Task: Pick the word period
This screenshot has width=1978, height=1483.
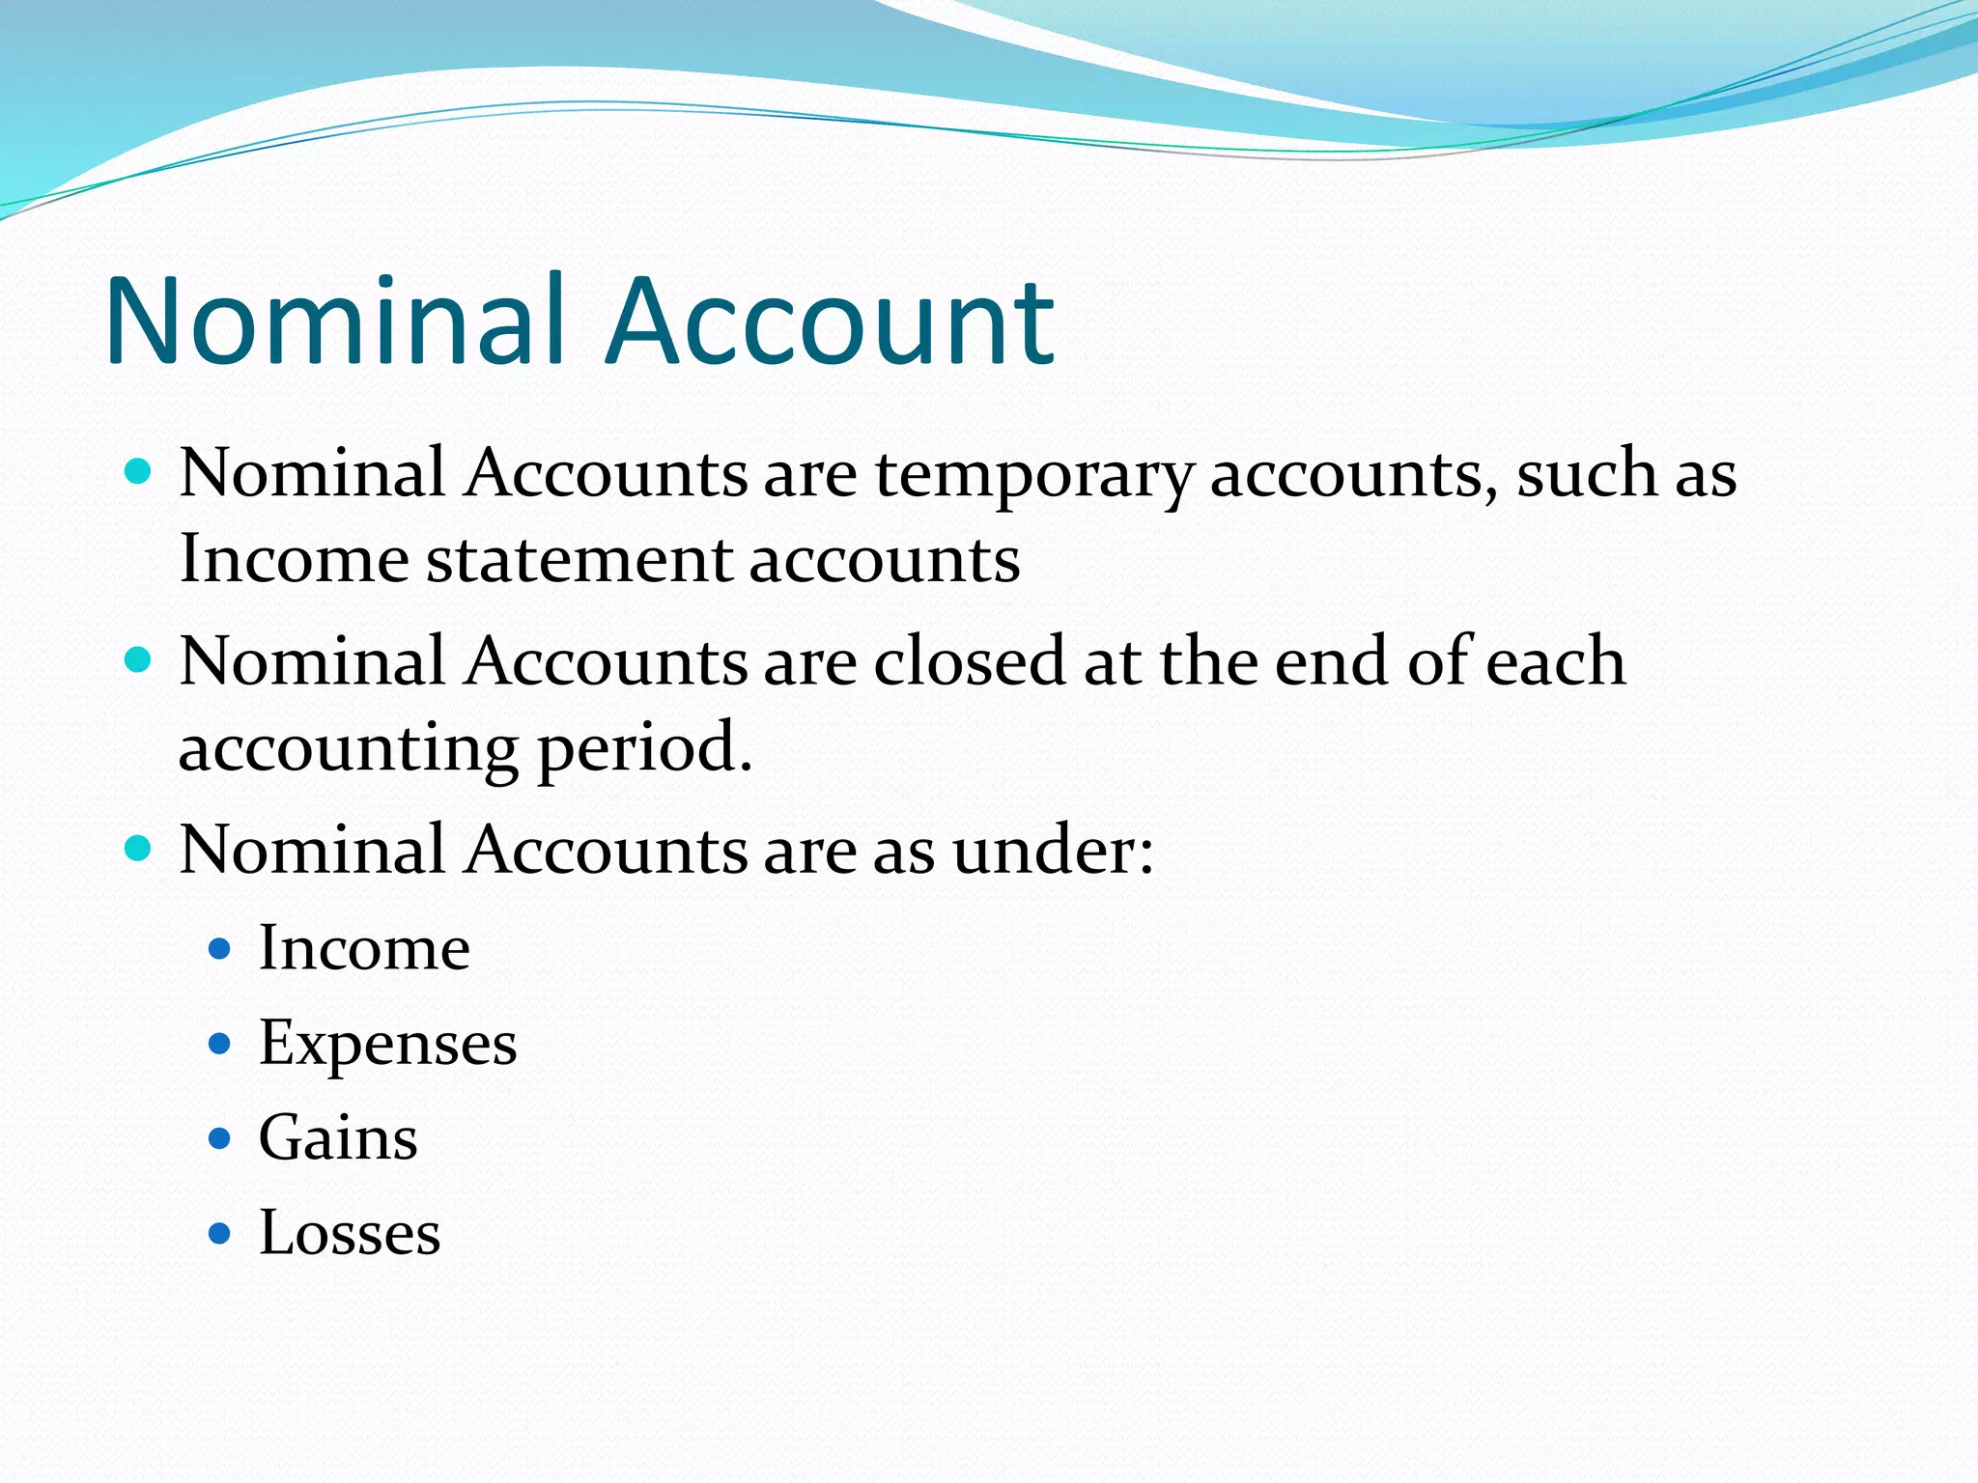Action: [644, 749]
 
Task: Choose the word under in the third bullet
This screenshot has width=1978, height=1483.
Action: [1053, 851]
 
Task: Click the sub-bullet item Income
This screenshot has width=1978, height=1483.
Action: [364, 948]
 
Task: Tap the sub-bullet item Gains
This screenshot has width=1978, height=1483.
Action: [338, 1138]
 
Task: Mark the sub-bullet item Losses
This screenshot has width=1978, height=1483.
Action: [350, 1233]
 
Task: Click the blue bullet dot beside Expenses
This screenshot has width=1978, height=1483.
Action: [220, 1044]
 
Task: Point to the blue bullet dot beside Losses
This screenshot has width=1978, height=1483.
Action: [220, 1233]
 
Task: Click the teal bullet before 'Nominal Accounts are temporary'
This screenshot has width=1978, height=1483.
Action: [139, 472]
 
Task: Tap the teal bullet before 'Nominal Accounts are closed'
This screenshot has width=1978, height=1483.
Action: [139, 660]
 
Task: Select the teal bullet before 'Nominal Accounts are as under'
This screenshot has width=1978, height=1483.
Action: [139, 849]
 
